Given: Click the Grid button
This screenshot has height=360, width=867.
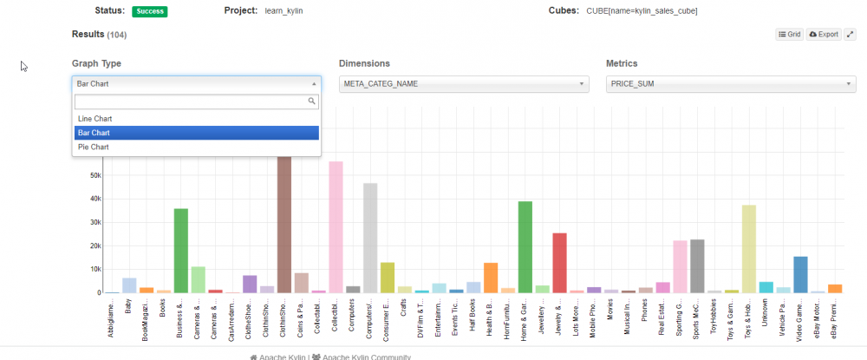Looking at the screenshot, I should click(789, 35).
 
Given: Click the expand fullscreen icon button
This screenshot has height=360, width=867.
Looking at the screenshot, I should click(850, 35).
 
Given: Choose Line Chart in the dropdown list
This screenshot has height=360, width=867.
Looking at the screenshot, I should click(95, 118).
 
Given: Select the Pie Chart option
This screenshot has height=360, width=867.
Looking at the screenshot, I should click(94, 147).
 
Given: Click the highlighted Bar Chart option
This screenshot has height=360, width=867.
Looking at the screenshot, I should click(94, 133).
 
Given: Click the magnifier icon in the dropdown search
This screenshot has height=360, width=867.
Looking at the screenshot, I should click(313, 101).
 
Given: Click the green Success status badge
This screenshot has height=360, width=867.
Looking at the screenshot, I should click(149, 11).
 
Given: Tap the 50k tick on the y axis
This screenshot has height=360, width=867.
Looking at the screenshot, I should click(96, 175).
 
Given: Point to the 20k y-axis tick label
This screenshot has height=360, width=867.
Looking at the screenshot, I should click(96, 245).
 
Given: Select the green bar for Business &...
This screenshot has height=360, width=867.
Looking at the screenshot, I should click(181, 251).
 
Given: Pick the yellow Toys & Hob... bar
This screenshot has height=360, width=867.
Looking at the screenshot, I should click(749, 249).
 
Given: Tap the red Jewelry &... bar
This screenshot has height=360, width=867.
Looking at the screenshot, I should click(559, 263).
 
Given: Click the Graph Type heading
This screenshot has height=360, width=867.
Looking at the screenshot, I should click(96, 63).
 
